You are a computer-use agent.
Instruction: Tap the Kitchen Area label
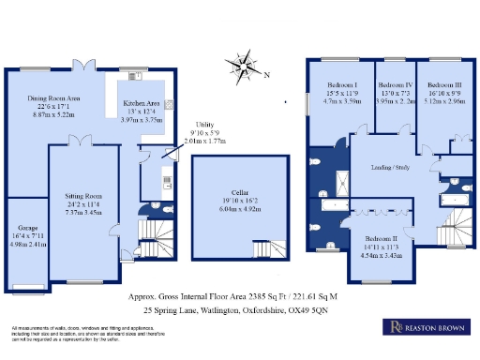[x=141, y=104]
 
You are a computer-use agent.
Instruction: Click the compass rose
[x=246, y=67]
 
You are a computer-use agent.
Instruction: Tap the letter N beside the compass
[x=266, y=76]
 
